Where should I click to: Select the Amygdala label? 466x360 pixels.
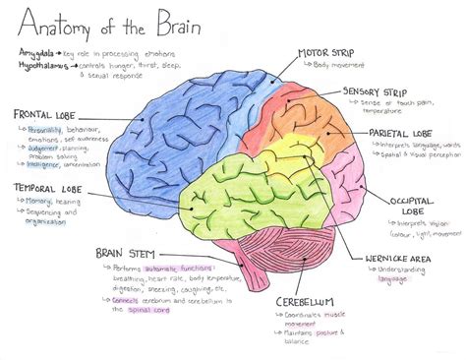[36, 48]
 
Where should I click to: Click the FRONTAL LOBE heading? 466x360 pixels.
[47, 116]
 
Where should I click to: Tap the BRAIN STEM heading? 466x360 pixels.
[122, 253]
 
